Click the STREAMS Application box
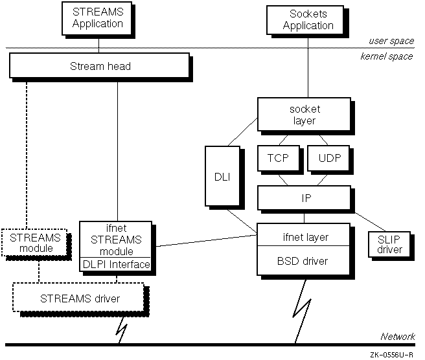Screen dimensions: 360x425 (98, 18)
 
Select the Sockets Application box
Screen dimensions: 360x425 (308, 19)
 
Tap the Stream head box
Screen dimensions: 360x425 (100, 65)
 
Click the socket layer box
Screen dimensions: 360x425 (304, 115)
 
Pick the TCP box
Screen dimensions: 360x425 (279, 157)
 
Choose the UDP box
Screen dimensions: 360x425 (328, 157)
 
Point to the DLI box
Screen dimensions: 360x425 (218, 176)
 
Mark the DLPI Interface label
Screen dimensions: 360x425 (115, 264)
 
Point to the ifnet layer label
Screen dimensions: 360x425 (304, 237)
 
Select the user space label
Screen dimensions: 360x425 (391, 41)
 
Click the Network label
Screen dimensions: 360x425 (397, 336)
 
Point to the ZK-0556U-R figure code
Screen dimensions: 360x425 (393, 355)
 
